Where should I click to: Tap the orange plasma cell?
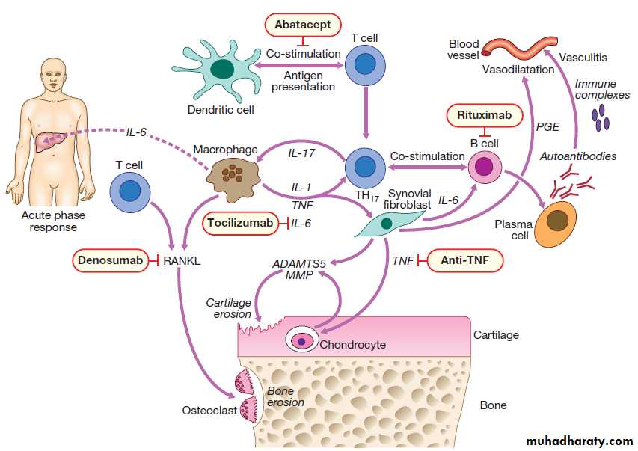(x=556, y=221)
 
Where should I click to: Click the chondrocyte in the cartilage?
(x=302, y=340)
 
